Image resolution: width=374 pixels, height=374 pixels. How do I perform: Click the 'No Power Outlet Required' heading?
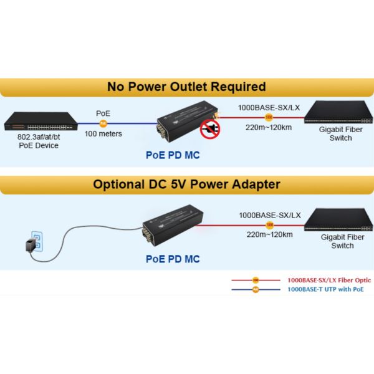point(186,87)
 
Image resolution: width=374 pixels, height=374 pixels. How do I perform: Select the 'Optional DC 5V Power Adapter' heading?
point(186,184)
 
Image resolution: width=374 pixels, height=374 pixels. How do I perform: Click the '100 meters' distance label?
point(103,133)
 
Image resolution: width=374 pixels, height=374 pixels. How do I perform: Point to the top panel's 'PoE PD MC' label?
point(173,155)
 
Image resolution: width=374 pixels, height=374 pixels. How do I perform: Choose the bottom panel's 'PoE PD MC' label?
point(173,259)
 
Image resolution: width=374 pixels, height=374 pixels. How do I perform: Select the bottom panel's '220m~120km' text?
point(269,234)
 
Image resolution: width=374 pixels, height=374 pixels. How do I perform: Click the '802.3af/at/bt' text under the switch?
point(38,137)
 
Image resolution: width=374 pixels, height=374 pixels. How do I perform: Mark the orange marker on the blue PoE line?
point(103,123)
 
